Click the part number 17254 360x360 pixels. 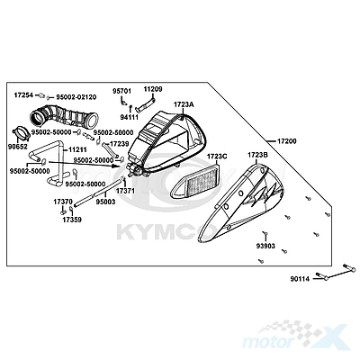point(25,95)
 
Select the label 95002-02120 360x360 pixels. point(75,97)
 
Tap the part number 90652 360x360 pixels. point(18,147)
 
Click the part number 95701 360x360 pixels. point(122,91)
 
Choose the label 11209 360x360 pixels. point(153,89)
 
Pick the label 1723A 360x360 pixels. point(184,104)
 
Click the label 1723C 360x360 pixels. point(217,157)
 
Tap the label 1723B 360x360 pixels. point(257,155)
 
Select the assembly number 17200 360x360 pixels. point(287,141)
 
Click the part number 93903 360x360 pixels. point(265,246)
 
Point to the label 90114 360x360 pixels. point(300,279)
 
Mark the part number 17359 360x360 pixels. point(72,220)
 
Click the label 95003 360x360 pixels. point(105,202)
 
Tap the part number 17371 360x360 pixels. point(126,191)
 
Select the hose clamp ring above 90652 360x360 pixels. point(21,133)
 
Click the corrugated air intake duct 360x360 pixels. point(64,117)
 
